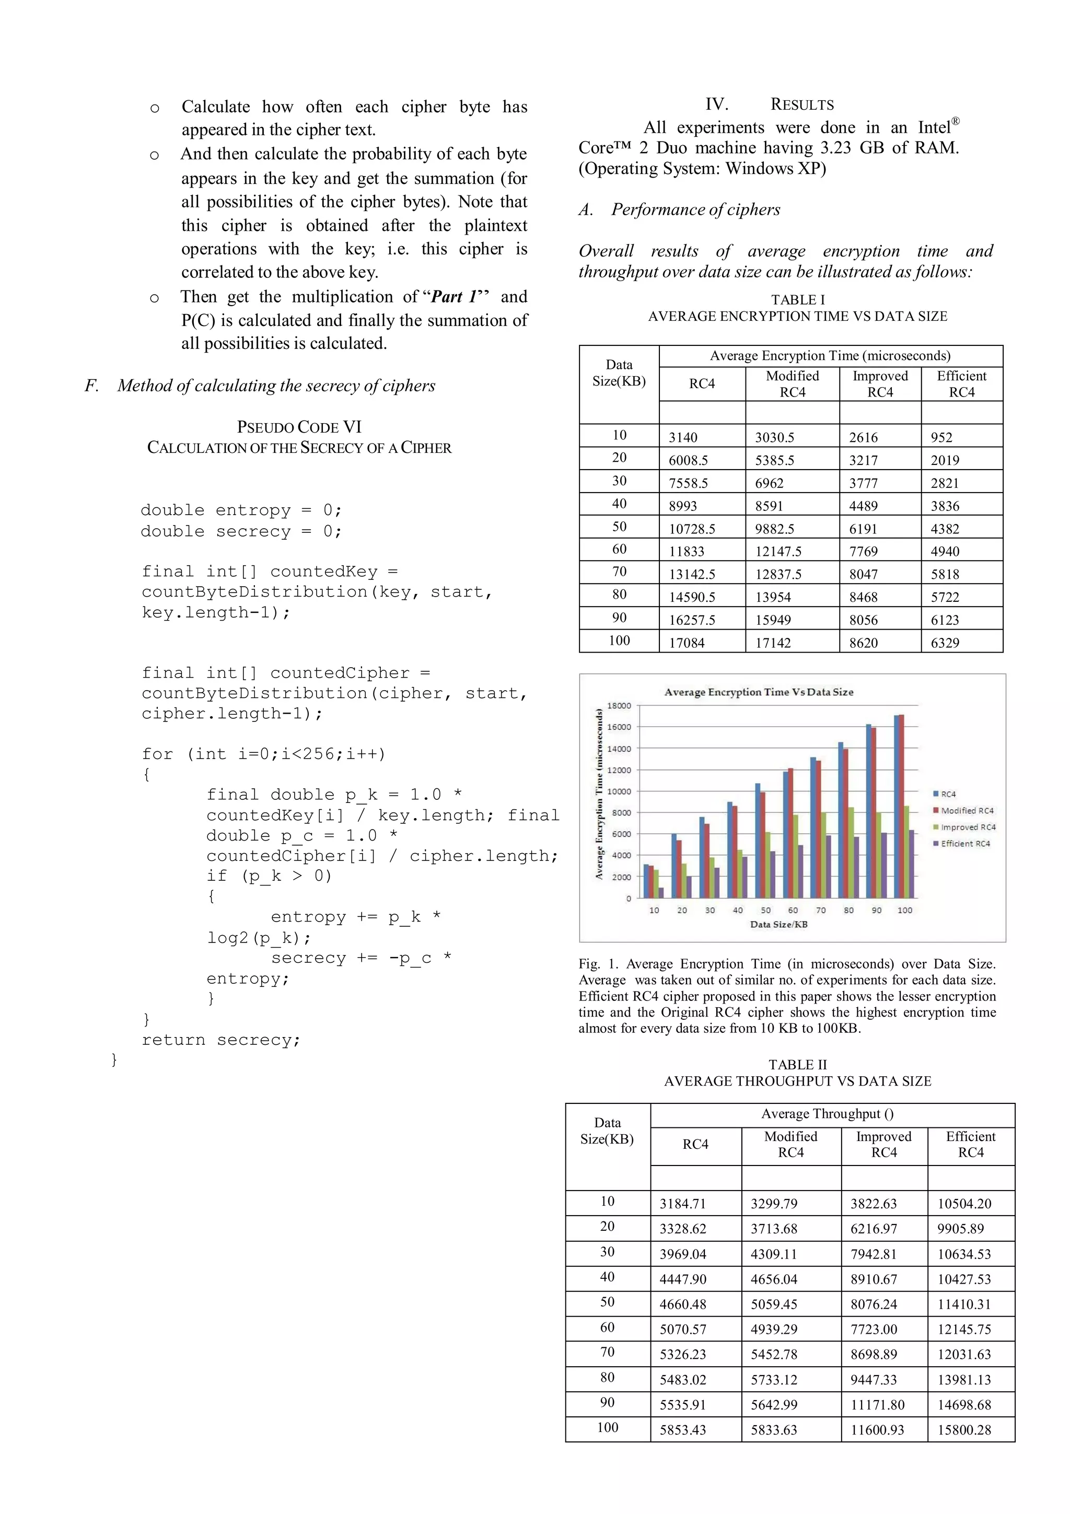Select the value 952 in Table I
point(941,438)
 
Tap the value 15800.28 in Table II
point(964,1429)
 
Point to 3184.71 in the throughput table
point(682,1204)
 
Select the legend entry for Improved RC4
point(968,827)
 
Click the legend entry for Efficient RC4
point(965,843)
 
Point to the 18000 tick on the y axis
point(619,706)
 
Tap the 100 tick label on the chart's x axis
point(904,910)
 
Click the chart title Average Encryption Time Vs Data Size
point(758,692)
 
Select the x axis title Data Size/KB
point(778,925)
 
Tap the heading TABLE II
point(797,1065)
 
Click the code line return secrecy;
point(221,1040)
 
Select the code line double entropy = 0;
point(241,510)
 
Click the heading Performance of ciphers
point(695,209)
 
